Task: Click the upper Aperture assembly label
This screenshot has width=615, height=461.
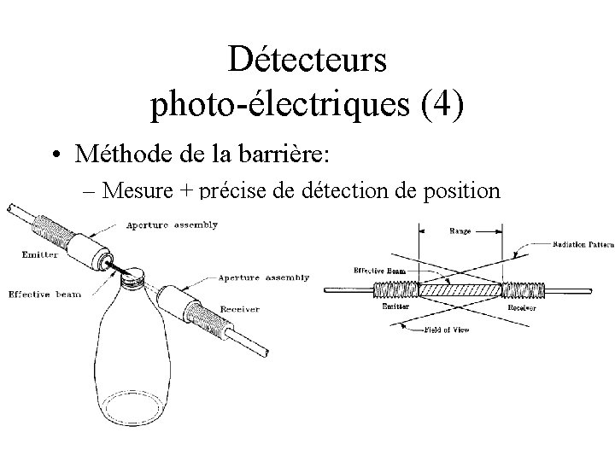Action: (172, 225)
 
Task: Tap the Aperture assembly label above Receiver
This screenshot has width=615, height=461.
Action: (257, 277)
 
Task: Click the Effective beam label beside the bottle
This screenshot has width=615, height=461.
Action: (44, 295)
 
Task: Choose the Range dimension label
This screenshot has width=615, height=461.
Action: (461, 230)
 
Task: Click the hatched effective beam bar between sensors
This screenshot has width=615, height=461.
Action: (461, 290)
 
